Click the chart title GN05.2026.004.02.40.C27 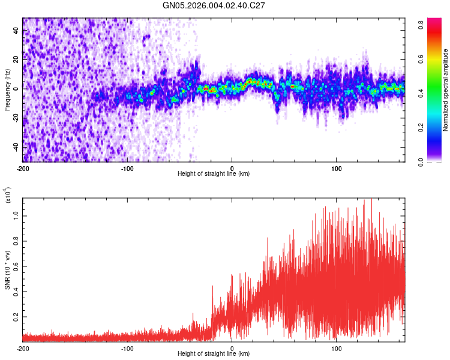[x=214, y=5]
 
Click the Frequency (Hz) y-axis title [x=7, y=90]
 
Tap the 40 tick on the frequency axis [x=16, y=31]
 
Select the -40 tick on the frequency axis [x=14, y=147]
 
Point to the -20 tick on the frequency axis [x=14, y=118]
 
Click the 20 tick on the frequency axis [x=16, y=59]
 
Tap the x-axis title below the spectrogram [x=214, y=174]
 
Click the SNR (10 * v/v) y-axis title [x=7, y=264]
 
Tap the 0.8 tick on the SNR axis [x=16, y=241]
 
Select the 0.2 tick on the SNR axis [x=16, y=316]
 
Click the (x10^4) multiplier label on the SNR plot [x=8, y=195]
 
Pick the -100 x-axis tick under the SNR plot [x=127, y=349]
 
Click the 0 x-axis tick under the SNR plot [x=232, y=349]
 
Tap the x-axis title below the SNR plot [x=214, y=355]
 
